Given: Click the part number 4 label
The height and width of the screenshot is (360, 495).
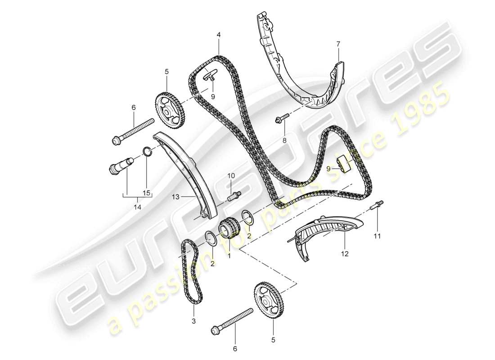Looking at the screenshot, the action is (x=218, y=34).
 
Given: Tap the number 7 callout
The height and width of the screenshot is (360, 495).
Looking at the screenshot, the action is (x=338, y=44).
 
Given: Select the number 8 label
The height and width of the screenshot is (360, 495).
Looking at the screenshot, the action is (x=284, y=140).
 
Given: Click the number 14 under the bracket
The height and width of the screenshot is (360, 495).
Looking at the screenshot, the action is (x=137, y=207).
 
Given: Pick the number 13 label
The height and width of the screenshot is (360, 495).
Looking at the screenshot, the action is (x=175, y=197).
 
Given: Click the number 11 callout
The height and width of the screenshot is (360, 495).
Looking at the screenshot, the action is (x=377, y=234).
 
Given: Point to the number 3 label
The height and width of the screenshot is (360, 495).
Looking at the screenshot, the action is (x=194, y=321).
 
